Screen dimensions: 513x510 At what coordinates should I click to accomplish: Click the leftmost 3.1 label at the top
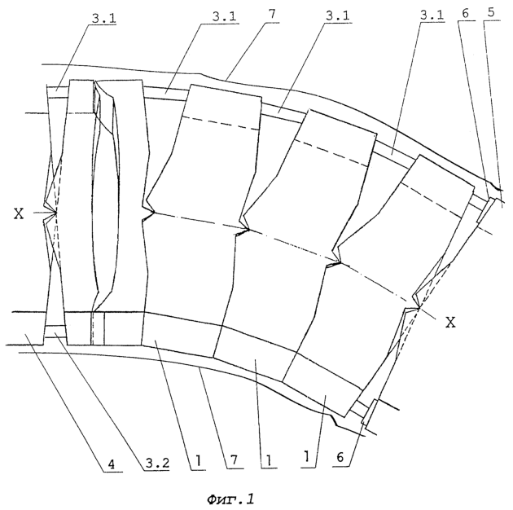pos(103,19)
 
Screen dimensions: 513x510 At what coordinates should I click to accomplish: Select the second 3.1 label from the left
pos(224,16)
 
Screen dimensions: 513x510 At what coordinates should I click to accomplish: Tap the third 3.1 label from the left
pos(337,15)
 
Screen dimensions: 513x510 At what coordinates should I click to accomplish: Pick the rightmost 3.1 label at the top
pos(432,15)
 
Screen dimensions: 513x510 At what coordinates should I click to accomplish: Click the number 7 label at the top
pos(272,15)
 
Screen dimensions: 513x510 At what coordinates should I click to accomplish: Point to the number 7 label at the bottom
pos(234,460)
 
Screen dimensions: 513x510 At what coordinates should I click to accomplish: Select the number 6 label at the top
pos(465,13)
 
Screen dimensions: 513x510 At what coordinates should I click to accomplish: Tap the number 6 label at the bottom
pos(340,457)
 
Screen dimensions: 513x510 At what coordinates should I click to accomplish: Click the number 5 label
pos(491,12)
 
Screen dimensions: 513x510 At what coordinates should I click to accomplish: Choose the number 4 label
pos(112,464)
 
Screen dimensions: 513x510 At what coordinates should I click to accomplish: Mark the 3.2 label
pos(157,463)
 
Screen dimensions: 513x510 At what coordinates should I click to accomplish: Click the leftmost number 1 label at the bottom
pos(198,461)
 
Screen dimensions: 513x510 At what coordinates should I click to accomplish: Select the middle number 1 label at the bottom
pos(268,461)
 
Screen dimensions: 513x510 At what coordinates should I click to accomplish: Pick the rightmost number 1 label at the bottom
pos(306,456)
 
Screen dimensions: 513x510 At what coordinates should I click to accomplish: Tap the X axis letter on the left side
pos(19,214)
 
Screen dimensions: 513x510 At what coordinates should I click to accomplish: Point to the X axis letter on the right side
pos(451,323)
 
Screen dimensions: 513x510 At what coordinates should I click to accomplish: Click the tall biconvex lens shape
pos(106,196)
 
